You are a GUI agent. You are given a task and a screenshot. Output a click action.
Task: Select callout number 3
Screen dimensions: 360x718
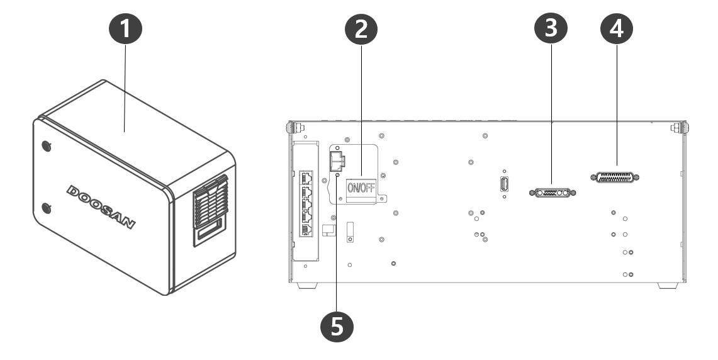pos(551,30)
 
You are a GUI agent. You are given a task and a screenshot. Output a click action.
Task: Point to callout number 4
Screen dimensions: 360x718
pos(616,30)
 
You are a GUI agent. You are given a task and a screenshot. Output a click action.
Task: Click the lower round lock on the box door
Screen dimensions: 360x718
pos(45,207)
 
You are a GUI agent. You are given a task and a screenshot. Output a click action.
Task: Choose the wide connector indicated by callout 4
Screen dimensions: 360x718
pos(615,177)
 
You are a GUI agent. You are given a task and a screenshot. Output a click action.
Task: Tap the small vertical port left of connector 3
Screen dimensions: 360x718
pos(505,184)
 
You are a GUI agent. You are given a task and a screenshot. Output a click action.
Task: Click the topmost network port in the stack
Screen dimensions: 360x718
pos(308,177)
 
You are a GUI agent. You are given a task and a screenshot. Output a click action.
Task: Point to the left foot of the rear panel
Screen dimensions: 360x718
pos(306,286)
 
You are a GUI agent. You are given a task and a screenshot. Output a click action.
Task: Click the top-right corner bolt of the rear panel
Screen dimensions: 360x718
pos(678,128)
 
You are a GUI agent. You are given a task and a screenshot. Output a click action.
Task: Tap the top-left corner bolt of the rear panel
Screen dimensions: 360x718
pos(290,128)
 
